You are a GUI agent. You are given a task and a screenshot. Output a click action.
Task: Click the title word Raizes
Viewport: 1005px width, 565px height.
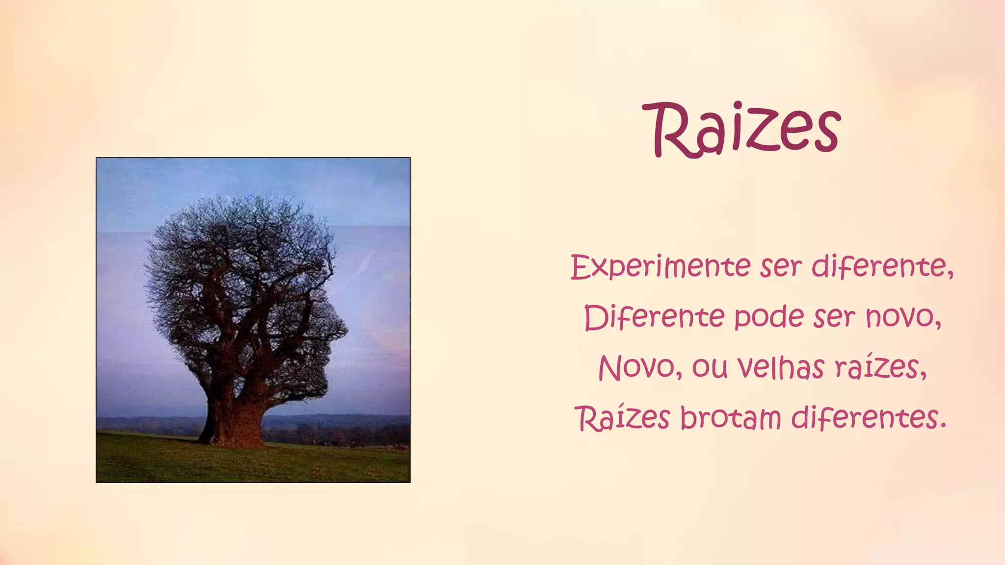tap(742, 129)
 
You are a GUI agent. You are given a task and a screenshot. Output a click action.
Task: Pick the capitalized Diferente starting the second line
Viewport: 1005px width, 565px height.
tap(654, 317)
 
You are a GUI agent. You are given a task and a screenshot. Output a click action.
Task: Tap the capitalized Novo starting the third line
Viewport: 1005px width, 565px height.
tap(636, 367)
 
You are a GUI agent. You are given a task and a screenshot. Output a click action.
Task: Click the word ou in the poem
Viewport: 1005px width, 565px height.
tap(710, 367)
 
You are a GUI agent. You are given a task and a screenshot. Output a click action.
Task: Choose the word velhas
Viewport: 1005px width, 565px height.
tap(781, 367)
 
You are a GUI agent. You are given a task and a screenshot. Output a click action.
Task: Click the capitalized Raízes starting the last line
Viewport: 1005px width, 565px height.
tap(623, 418)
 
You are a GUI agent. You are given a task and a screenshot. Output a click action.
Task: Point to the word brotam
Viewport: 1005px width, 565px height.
tap(731, 418)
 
